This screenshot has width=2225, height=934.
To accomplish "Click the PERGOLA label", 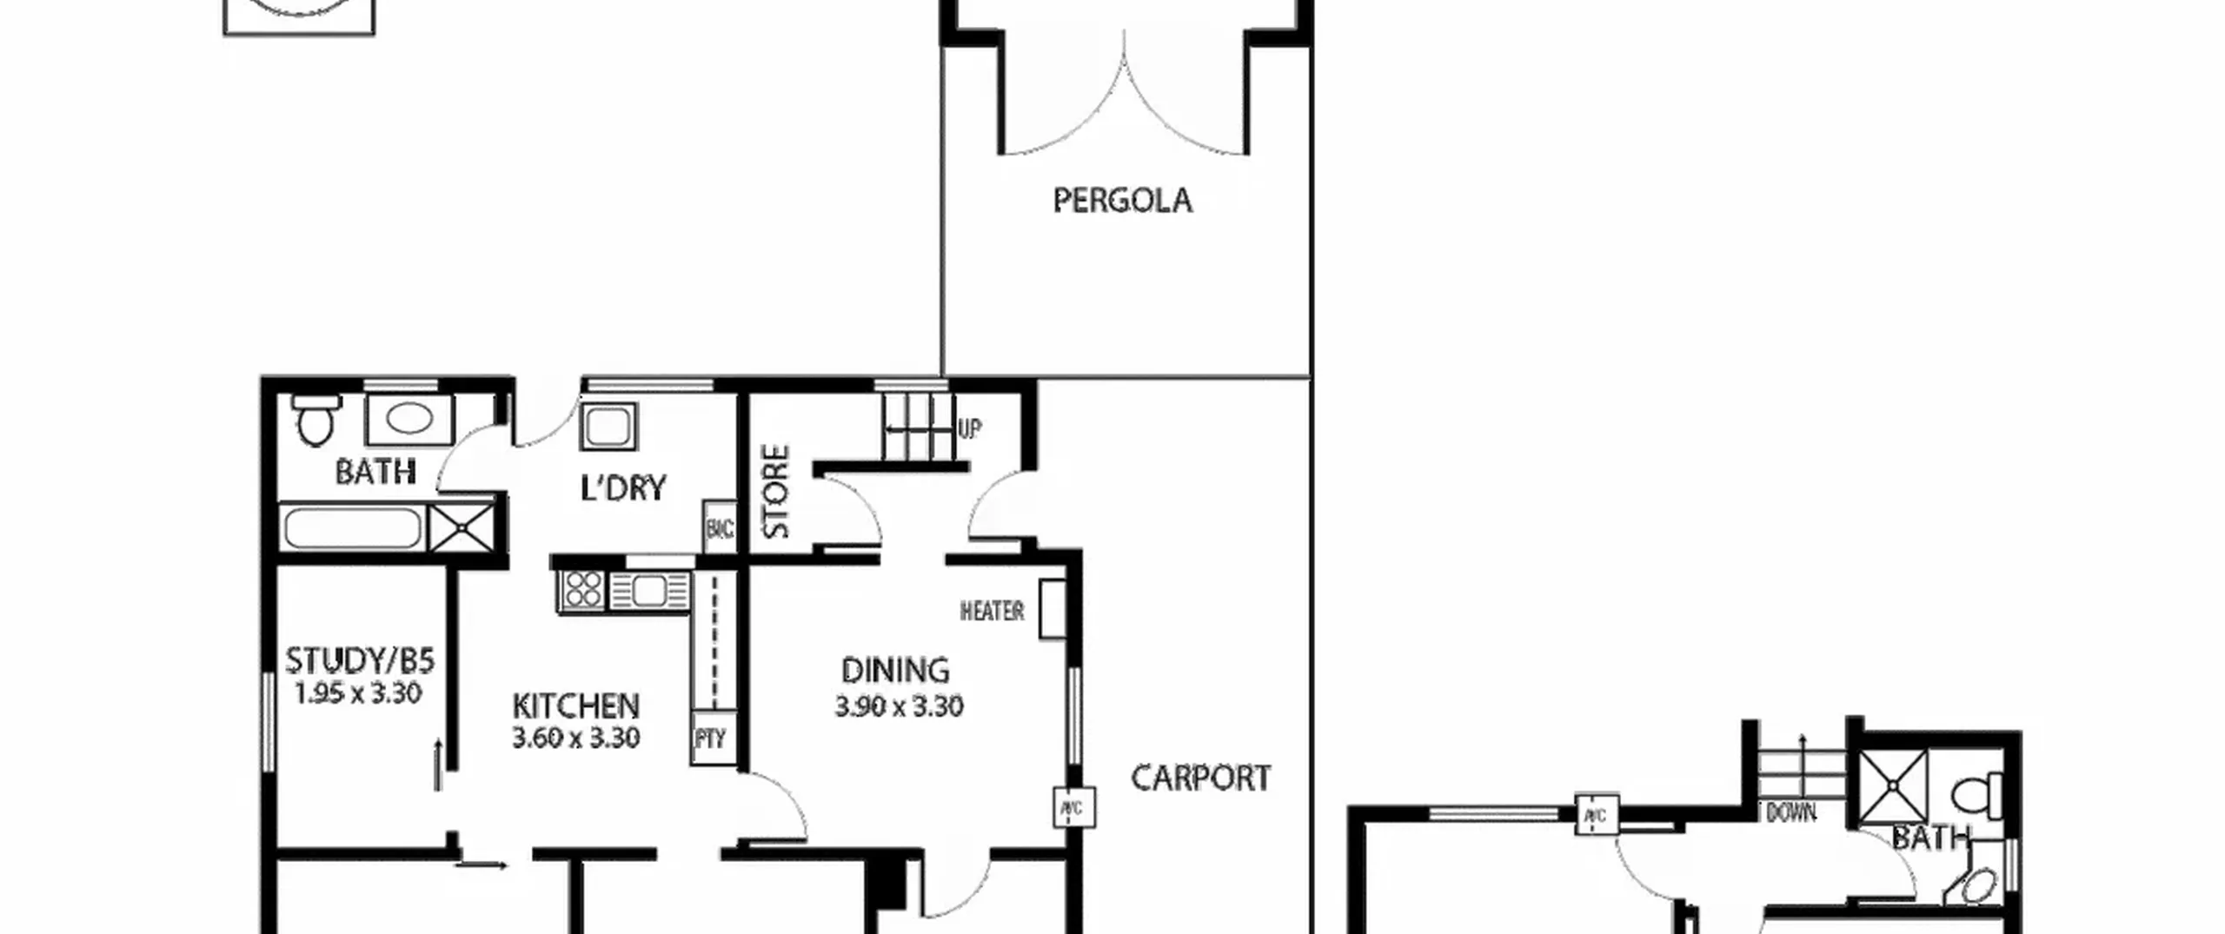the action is pyautogui.click(x=1122, y=201).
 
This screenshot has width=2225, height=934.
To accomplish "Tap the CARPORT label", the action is pyautogui.click(x=1200, y=778).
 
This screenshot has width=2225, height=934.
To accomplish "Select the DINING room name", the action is pyautogui.click(x=895, y=670).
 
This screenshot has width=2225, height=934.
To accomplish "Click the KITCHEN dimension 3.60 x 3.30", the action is pyautogui.click(x=575, y=738).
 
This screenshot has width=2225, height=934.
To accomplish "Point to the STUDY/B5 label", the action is pyautogui.click(x=359, y=661).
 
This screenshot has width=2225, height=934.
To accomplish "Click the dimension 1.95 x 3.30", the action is pyautogui.click(x=357, y=693).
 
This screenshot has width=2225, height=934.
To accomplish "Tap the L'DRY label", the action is pyautogui.click(x=623, y=487).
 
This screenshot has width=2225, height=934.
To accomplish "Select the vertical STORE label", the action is pyautogui.click(x=776, y=492).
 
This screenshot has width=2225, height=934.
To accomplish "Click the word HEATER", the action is pyautogui.click(x=992, y=612).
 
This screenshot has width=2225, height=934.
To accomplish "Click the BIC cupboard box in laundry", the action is pyautogui.click(x=720, y=527).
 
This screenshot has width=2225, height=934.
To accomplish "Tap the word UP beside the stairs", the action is pyautogui.click(x=970, y=428).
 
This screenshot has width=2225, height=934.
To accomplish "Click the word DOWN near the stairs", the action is pyautogui.click(x=1791, y=813).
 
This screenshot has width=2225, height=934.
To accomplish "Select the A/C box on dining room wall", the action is pyautogui.click(x=1074, y=808).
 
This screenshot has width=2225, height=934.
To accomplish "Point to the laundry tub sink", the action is pyautogui.click(x=608, y=427).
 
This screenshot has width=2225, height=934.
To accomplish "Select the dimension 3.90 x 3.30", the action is pyautogui.click(x=899, y=706).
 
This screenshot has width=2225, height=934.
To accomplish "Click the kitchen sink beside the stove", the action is pyautogui.click(x=649, y=592).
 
